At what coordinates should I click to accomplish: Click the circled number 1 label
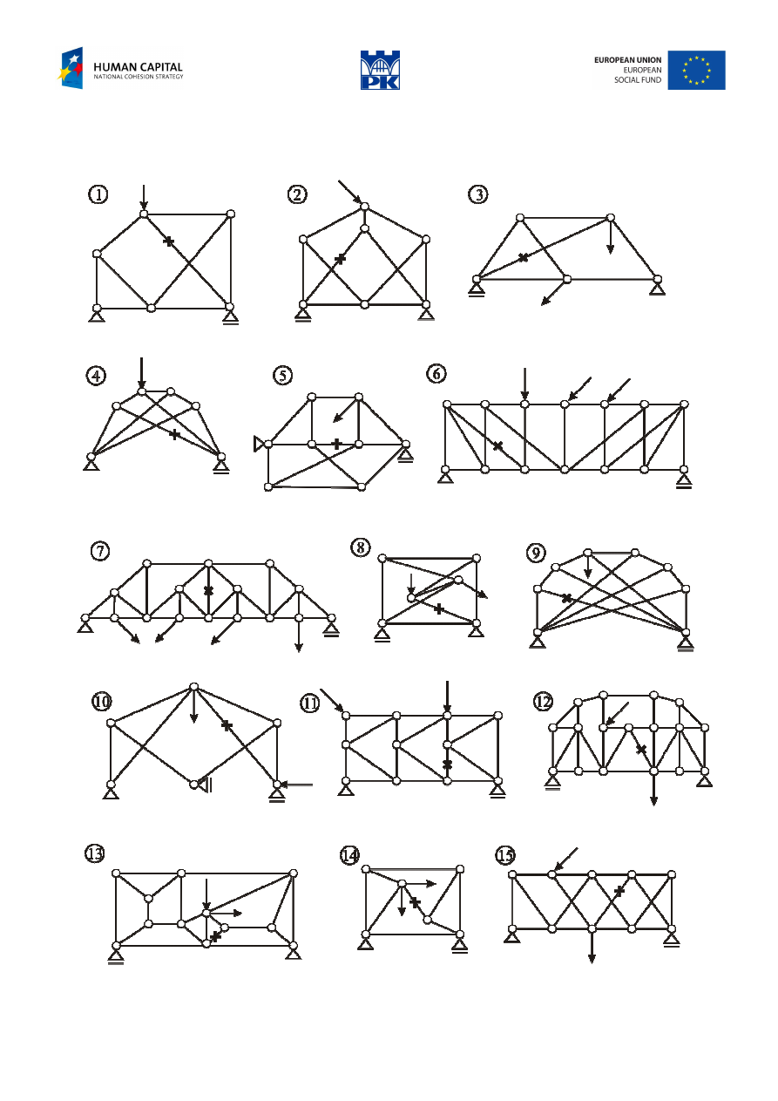98,194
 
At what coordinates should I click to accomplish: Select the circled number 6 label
436,373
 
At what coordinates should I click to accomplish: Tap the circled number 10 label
103,701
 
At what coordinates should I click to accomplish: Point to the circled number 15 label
504,855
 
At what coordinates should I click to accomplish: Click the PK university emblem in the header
381,70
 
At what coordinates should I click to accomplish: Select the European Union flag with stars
696,70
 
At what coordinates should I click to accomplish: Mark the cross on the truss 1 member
169,241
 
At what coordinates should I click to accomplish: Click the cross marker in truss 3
523,257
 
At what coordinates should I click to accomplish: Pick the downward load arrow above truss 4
141,372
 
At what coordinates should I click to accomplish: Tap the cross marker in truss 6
497,445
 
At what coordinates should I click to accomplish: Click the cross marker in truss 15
619,891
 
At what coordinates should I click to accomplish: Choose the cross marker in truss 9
566,598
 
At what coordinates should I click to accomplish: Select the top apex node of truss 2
364,207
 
